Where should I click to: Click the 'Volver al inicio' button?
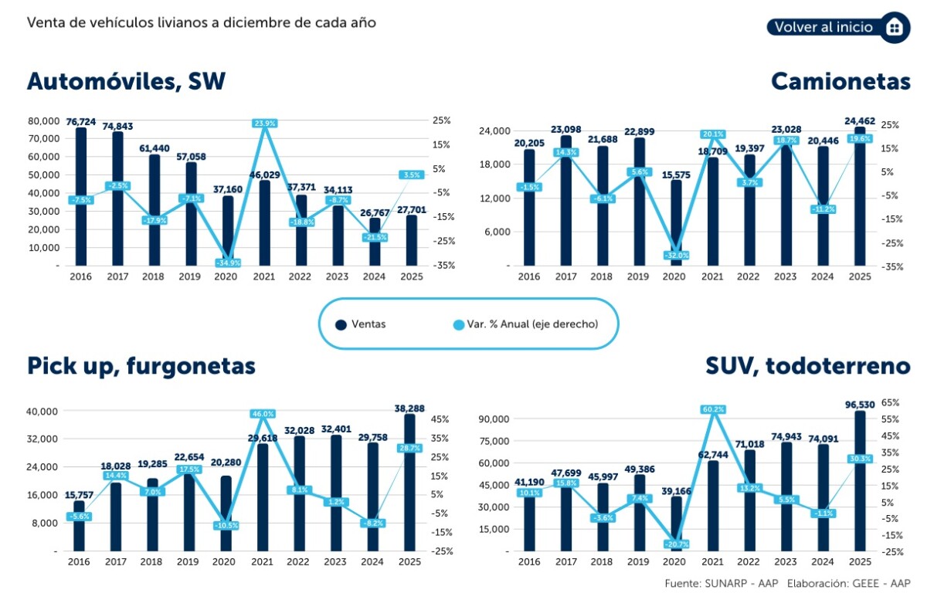coord(823,27)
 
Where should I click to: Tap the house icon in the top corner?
coord(895,27)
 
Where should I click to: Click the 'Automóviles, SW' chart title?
coord(126,81)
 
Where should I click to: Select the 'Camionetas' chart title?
coord(840,81)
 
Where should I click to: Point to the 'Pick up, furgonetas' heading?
coord(141,365)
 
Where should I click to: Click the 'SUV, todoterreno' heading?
coord(808,365)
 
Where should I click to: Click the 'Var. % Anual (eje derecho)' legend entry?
coord(525,324)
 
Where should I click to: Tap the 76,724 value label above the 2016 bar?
coord(81,122)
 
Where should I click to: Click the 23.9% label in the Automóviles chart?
coord(264,123)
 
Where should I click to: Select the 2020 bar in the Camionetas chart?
coord(677,224)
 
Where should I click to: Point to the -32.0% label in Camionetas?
coord(676,256)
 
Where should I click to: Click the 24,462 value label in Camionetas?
coord(859,121)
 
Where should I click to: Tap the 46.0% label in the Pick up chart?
coord(263,414)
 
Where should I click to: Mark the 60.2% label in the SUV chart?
coord(713,409)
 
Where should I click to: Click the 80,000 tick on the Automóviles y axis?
coord(44,121)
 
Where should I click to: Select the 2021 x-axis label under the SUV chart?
coord(712,562)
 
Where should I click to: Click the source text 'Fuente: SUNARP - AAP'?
coord(721,582)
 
